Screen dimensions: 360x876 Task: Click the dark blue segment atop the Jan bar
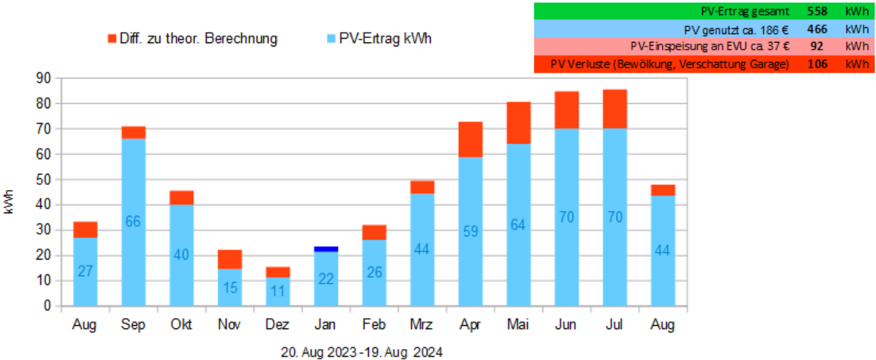pos(326,249)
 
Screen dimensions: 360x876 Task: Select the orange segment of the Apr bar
pos(471,139)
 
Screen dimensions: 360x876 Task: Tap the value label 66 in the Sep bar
pos(133,222)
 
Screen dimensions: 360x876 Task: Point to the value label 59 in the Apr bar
pos(471,231)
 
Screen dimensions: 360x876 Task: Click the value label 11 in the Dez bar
pos(278,291)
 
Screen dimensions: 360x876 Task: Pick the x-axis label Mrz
pos(422,325)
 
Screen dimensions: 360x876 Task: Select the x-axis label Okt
pos(182,325)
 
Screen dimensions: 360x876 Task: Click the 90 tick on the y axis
pos(44,78)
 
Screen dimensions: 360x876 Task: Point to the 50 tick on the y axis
pos(44,180)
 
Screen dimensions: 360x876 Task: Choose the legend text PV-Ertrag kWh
pos(386,39)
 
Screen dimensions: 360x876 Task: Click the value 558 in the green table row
pos(817,11)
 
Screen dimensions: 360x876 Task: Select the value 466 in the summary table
pos(817,29)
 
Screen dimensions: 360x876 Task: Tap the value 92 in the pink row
pos(817,46)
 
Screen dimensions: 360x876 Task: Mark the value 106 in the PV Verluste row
pos(817,64)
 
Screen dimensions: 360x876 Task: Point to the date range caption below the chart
pos(362,352)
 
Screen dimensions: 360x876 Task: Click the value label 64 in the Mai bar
pos(519,224)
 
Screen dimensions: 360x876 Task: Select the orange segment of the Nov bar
pos(230,259)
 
